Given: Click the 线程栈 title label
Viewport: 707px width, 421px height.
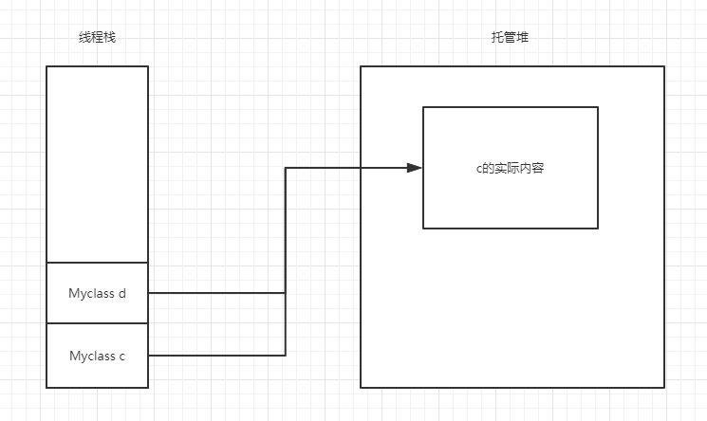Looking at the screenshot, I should click(97, 38).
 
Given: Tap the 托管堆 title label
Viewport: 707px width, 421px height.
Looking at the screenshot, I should click(511, 38).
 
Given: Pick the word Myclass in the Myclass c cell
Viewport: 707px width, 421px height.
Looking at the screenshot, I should click(92, 356).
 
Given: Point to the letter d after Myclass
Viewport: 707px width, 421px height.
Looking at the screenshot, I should click(122, 293).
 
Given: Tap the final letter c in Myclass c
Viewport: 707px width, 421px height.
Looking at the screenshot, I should click(122, 356).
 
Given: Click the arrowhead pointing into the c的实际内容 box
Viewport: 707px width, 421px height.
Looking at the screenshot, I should click(415, 168).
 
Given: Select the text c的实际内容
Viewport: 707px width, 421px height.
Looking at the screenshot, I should click(510, 168).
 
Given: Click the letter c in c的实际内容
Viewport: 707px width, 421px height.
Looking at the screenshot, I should click(479, 169).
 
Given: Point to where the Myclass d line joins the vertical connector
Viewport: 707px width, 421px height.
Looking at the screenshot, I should click(286, 293).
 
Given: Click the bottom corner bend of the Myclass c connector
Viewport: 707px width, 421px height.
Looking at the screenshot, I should click(286, 356).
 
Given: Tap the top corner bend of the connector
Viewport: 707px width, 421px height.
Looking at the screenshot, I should click(286, 168).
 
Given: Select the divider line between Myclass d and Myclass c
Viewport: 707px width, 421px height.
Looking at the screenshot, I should click(98, 323).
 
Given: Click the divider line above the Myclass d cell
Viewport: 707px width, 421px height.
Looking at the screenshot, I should click(98, 262).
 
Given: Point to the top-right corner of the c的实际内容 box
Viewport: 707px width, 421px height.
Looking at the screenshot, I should click(598, 107).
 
